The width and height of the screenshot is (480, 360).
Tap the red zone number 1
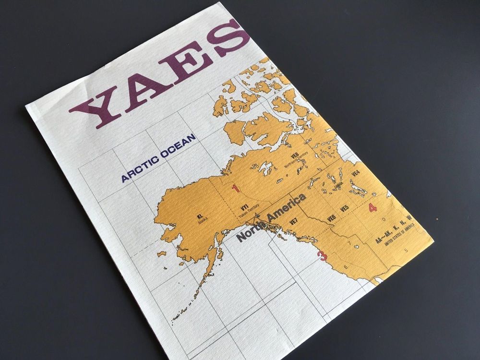[236, 188]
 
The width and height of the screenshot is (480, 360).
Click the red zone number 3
[323, 256]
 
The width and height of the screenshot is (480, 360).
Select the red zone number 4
[372, 207]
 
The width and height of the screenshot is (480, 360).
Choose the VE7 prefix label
[294, 222]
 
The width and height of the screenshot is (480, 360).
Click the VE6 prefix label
[331, 218]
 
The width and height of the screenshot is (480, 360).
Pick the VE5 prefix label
[344, 208]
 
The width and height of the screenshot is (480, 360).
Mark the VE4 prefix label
[356, 173]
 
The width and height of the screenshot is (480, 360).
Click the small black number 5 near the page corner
[406, 250]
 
